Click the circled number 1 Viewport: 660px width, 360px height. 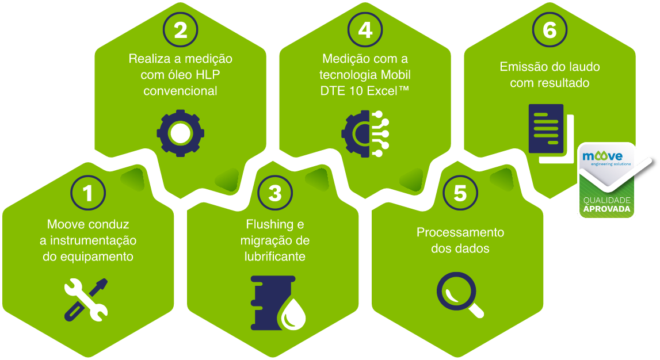click(88, 194)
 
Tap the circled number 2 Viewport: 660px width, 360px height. click(181, 30)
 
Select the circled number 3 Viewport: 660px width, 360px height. click(275, 194)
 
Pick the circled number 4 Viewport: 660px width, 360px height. click(365, 30)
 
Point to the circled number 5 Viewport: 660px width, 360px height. click(460, 194)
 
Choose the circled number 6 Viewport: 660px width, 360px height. click(550, 30)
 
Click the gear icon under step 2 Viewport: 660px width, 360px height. click(180, 133)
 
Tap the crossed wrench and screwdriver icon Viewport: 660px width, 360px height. click(86, 298)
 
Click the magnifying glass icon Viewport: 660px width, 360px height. click(460, 294)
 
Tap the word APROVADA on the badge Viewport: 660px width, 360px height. click(607, 209)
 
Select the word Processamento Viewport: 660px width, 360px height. click(460, 232)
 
